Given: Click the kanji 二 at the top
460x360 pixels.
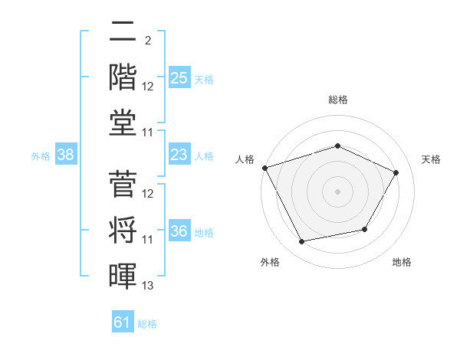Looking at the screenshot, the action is [x=123, y=31].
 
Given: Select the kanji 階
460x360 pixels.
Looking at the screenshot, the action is [x=123, y=77].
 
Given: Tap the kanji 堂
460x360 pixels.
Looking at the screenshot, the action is [x=123, y=123].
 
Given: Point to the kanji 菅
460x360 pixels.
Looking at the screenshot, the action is [x=123, y=184].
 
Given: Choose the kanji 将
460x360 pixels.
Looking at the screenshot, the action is [x=123, y=230].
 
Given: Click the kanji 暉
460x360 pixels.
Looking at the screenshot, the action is [x=123, y=276].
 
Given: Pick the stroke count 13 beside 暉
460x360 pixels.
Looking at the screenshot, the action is [x=147, y=285].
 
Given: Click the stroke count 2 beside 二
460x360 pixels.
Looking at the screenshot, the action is [x=148, y=41].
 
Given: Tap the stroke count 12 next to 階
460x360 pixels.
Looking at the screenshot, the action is [x=147, y=87].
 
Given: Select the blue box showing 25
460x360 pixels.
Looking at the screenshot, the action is [x=179, y=77].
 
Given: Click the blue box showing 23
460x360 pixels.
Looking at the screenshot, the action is [x=179, y=154].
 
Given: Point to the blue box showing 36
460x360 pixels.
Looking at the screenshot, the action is [x=179, y=230].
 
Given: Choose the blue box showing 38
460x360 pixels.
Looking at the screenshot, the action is [x=66, y=154].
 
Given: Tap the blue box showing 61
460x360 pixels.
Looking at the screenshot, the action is [x=123, y=321].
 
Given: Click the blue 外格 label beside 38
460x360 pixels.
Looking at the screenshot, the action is [x=41, y=156].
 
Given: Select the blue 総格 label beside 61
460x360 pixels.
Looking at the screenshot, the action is [x=147, y=324].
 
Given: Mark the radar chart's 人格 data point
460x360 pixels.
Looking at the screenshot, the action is [x=265, y=168].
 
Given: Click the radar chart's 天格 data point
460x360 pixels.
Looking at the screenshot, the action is [x=396, y=172].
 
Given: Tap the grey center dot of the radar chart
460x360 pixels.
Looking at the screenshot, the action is [x=337, y=191].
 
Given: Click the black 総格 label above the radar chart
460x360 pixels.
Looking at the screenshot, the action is [x=338, y=100].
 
